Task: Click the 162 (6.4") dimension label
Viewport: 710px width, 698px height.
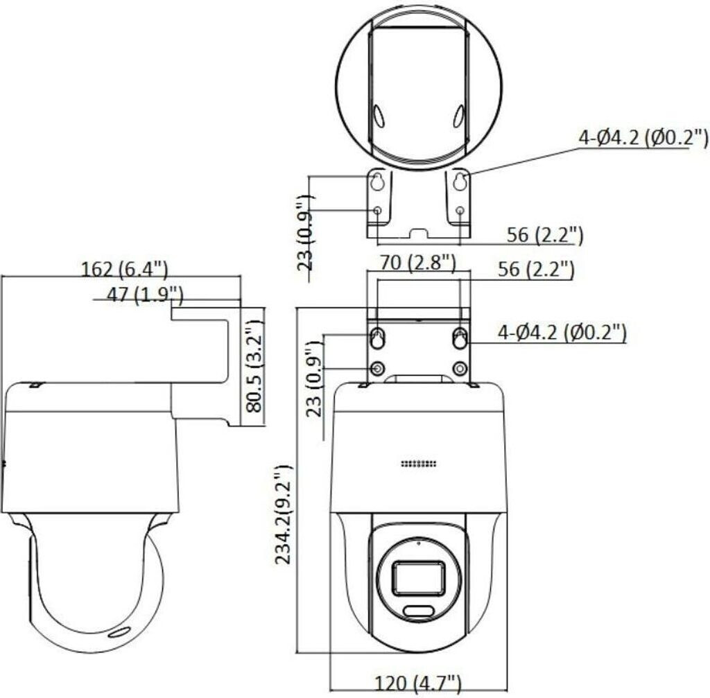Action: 124,270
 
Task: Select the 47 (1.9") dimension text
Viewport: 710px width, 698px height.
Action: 145,295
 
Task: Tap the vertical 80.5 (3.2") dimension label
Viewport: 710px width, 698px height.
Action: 254,366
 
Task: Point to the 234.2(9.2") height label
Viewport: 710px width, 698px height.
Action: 284,514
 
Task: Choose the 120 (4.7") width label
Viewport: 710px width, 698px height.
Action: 417,683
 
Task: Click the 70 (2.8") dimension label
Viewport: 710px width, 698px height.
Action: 417,262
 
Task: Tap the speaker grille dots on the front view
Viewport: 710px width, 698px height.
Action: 418,464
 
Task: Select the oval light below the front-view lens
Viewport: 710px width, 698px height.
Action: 419,611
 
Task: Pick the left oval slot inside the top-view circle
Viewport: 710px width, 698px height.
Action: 378,116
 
